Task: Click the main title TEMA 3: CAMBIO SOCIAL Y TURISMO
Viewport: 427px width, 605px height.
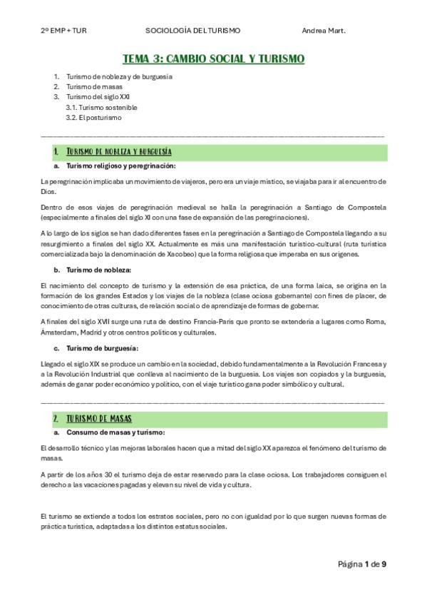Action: coord(213,59)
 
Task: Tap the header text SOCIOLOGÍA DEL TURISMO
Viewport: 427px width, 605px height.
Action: coord(192,31)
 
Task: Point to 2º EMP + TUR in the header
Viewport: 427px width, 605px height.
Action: coord(63,31)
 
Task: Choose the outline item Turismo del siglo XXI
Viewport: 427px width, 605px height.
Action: coord(98,96)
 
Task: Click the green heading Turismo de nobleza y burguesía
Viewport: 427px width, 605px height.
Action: coord(118,152)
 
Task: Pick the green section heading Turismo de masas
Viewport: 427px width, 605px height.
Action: coord(98,417)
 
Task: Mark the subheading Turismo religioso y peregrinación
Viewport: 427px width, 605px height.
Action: coord(120,166)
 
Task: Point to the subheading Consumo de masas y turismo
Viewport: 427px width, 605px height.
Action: coord(115,432)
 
